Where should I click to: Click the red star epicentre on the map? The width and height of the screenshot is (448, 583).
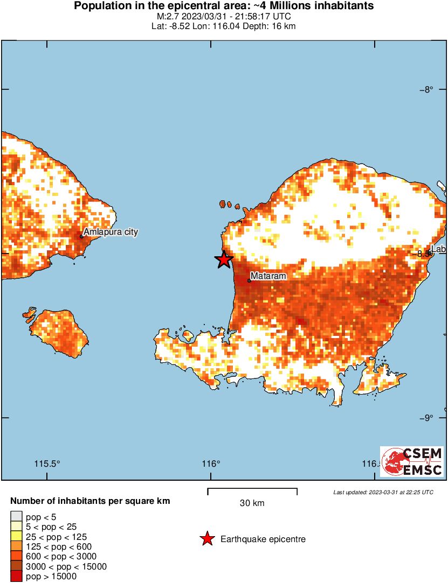(x=224, y=259)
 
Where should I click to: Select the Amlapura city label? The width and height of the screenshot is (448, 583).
(x=111, y=232)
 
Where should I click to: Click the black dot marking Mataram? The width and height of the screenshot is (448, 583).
(x=250, y=280)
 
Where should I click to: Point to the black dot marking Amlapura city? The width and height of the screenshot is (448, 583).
(x=81, y=236)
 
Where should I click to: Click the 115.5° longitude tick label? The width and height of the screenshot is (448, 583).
(x=47, y=463)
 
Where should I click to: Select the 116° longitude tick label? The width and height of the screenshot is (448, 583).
(x=211, y=463)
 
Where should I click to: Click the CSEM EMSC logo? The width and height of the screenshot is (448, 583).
(x=412, y=461)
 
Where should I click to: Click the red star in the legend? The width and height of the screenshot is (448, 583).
(x=206, y=539)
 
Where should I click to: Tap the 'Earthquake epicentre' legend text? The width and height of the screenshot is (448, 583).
(x=263, y=539)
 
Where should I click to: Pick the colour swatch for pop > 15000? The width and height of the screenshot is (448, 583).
(x=16, y=576)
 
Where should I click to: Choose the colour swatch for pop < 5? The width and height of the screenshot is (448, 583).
(x=16, y=517)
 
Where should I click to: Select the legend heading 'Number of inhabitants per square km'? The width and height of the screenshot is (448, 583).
(x=90, y=501)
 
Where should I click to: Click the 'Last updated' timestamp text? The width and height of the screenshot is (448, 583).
(x=383, y=492)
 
